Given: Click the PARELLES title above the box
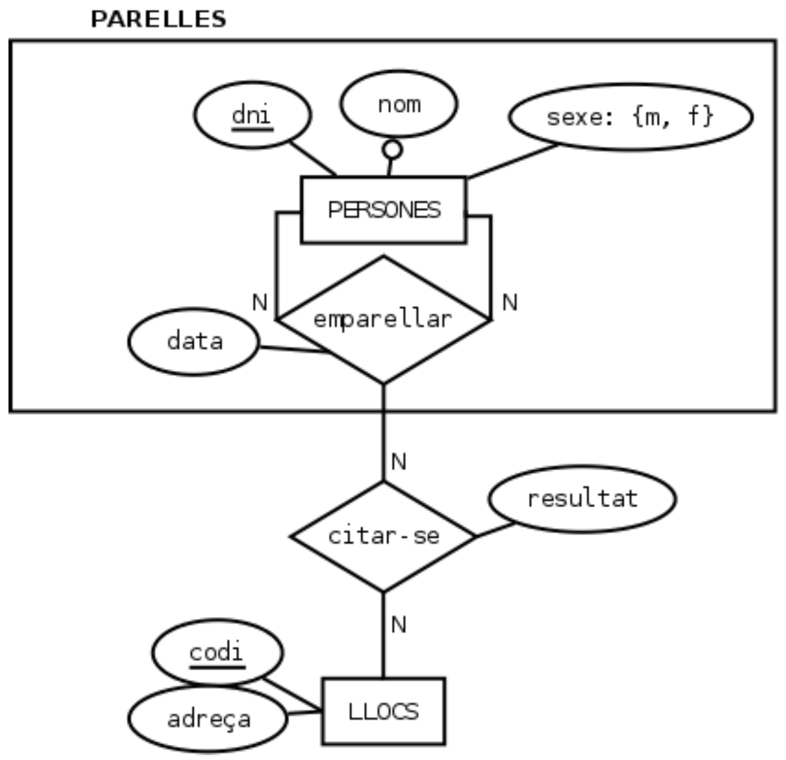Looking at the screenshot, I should click(x=158, y=19).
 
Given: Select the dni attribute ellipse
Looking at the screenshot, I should click(x=252, y=115).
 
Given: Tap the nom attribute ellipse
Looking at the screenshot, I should click(x=399, y=104).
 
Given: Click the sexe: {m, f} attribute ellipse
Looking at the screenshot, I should click(x=630, y=116).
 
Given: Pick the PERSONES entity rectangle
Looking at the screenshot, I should click(x=383, y=210).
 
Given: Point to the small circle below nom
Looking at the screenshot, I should click(x=392, y=149).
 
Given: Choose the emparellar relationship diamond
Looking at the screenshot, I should click(x=383, y=319).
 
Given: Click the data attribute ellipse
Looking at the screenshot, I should click(x=194, y=341).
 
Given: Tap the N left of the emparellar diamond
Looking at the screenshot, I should click(x=260, y=302).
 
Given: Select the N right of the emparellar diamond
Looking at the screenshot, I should click(x=509, y=302).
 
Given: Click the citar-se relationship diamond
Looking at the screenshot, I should click(x=383, y=536).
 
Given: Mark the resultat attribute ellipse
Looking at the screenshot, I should click(x=582, y=499).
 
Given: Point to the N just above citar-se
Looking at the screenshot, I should click(x=398, y=462).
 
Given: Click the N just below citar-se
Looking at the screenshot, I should click(x=398, y=624).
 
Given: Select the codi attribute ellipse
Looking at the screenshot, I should click(x=217, y=653).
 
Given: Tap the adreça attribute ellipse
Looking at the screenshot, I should click(x=209, y=719).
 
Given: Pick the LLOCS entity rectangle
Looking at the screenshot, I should click(x=383, y=711).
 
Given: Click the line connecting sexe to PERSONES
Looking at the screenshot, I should click(x=512, y=161).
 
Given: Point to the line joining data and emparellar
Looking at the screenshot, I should click(x=294, y=350).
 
